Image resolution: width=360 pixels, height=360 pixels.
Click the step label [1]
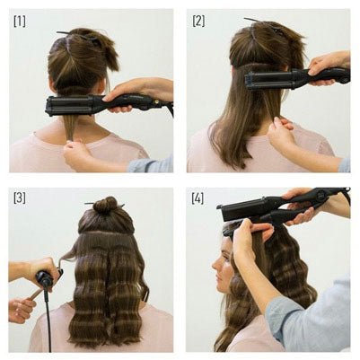[x=20, y=20]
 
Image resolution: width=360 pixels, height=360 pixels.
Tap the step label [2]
[x=198, y=20]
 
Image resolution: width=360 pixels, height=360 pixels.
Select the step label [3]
[x=20, y=197]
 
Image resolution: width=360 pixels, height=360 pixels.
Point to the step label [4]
[x=198, y=197]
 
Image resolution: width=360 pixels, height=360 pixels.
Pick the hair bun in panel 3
[x=106, y=206]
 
